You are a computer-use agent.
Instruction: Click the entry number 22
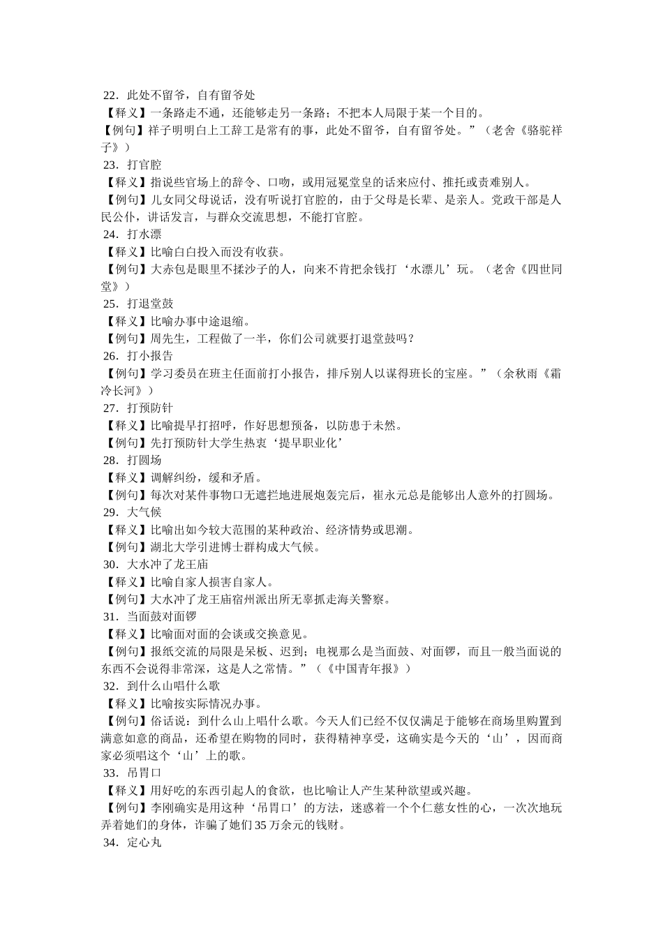tap(110, 96)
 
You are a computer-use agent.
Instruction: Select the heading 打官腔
tap(144, 165)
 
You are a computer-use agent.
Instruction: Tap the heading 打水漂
tap(144, 234)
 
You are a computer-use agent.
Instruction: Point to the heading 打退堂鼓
tap(150, 304)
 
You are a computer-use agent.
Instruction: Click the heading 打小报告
tap(150, 356)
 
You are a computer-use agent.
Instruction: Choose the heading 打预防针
tap(150, 408)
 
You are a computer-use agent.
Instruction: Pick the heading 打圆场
tap(144, 461)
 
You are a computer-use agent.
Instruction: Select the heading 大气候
tap(144, 512)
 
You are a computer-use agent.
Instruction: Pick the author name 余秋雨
tap(519, 373)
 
